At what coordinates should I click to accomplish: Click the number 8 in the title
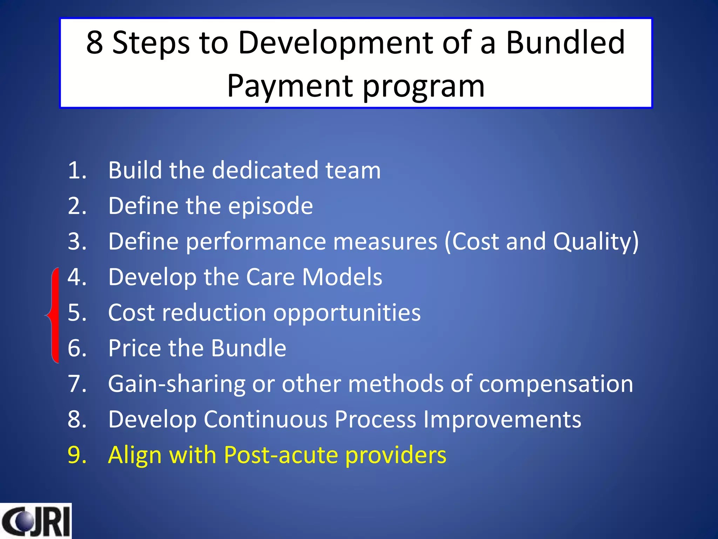tap(95, 43)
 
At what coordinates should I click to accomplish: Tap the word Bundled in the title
tap(565, 43)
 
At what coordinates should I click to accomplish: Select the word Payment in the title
tap(290, 86)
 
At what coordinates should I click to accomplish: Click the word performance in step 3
tap(256, 242)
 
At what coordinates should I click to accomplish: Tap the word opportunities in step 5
tap(347, 313)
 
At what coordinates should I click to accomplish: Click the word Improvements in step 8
tap(502, 420)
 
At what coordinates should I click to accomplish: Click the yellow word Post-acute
tap(281, 456)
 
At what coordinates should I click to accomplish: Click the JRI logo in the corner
tap(36, 521)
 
